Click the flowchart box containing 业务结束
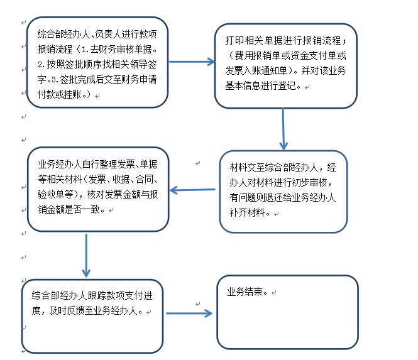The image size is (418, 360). pyautogui.click(x=287, y=312)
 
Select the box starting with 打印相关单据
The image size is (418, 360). pyautogui.click(x=285, y=66)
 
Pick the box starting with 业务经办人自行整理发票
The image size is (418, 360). pyautogui.click(x=98, y=189)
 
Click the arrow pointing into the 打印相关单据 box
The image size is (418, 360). pyautogui.click(x=192, y=62)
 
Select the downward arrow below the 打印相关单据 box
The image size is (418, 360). pyautogui.click(x=283, y=129)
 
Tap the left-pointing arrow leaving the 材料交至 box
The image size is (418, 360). pyautogui.click(x=194, y=190)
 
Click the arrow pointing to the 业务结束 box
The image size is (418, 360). pyautogui.click(x=189, y=312)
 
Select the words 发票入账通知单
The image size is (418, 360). pyautogui.click(x=259, y=70)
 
